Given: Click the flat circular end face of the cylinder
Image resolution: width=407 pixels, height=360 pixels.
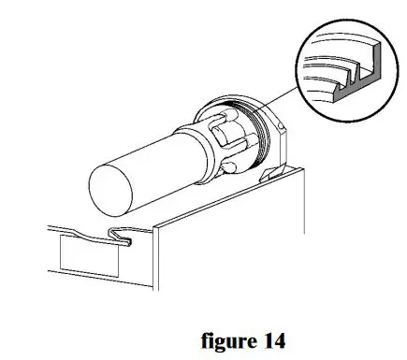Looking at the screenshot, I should pyautogui.click(x=111, y=183).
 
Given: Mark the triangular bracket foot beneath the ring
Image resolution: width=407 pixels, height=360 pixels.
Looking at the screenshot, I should pyautogui.click(x=271, y=174).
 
